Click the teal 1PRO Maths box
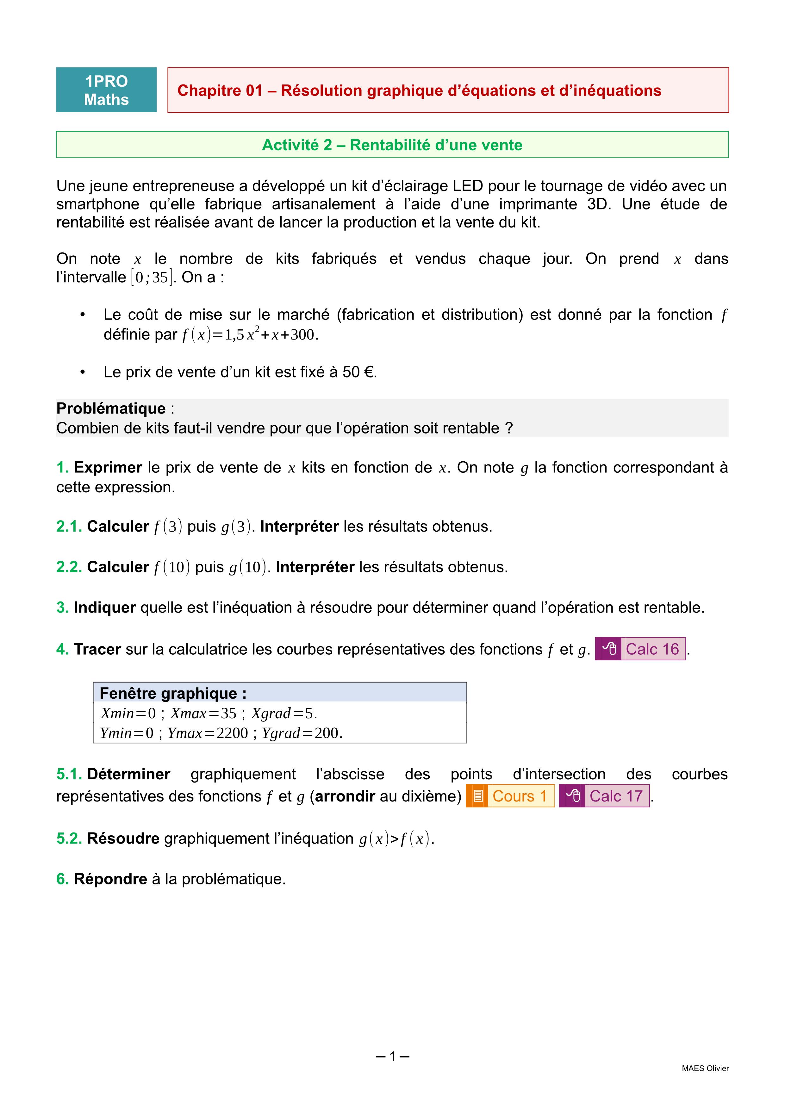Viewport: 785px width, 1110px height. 106,90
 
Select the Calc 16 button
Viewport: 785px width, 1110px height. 640,649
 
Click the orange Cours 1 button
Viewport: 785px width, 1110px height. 510,796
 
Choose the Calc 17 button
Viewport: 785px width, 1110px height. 604,796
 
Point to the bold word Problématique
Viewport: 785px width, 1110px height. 111,408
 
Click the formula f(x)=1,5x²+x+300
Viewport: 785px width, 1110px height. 249,334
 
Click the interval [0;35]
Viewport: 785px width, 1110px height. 151,277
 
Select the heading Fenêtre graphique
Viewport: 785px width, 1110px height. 172,693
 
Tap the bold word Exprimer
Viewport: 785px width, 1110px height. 108,467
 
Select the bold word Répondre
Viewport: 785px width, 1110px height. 110,879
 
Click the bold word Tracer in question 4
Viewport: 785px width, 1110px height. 97,649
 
